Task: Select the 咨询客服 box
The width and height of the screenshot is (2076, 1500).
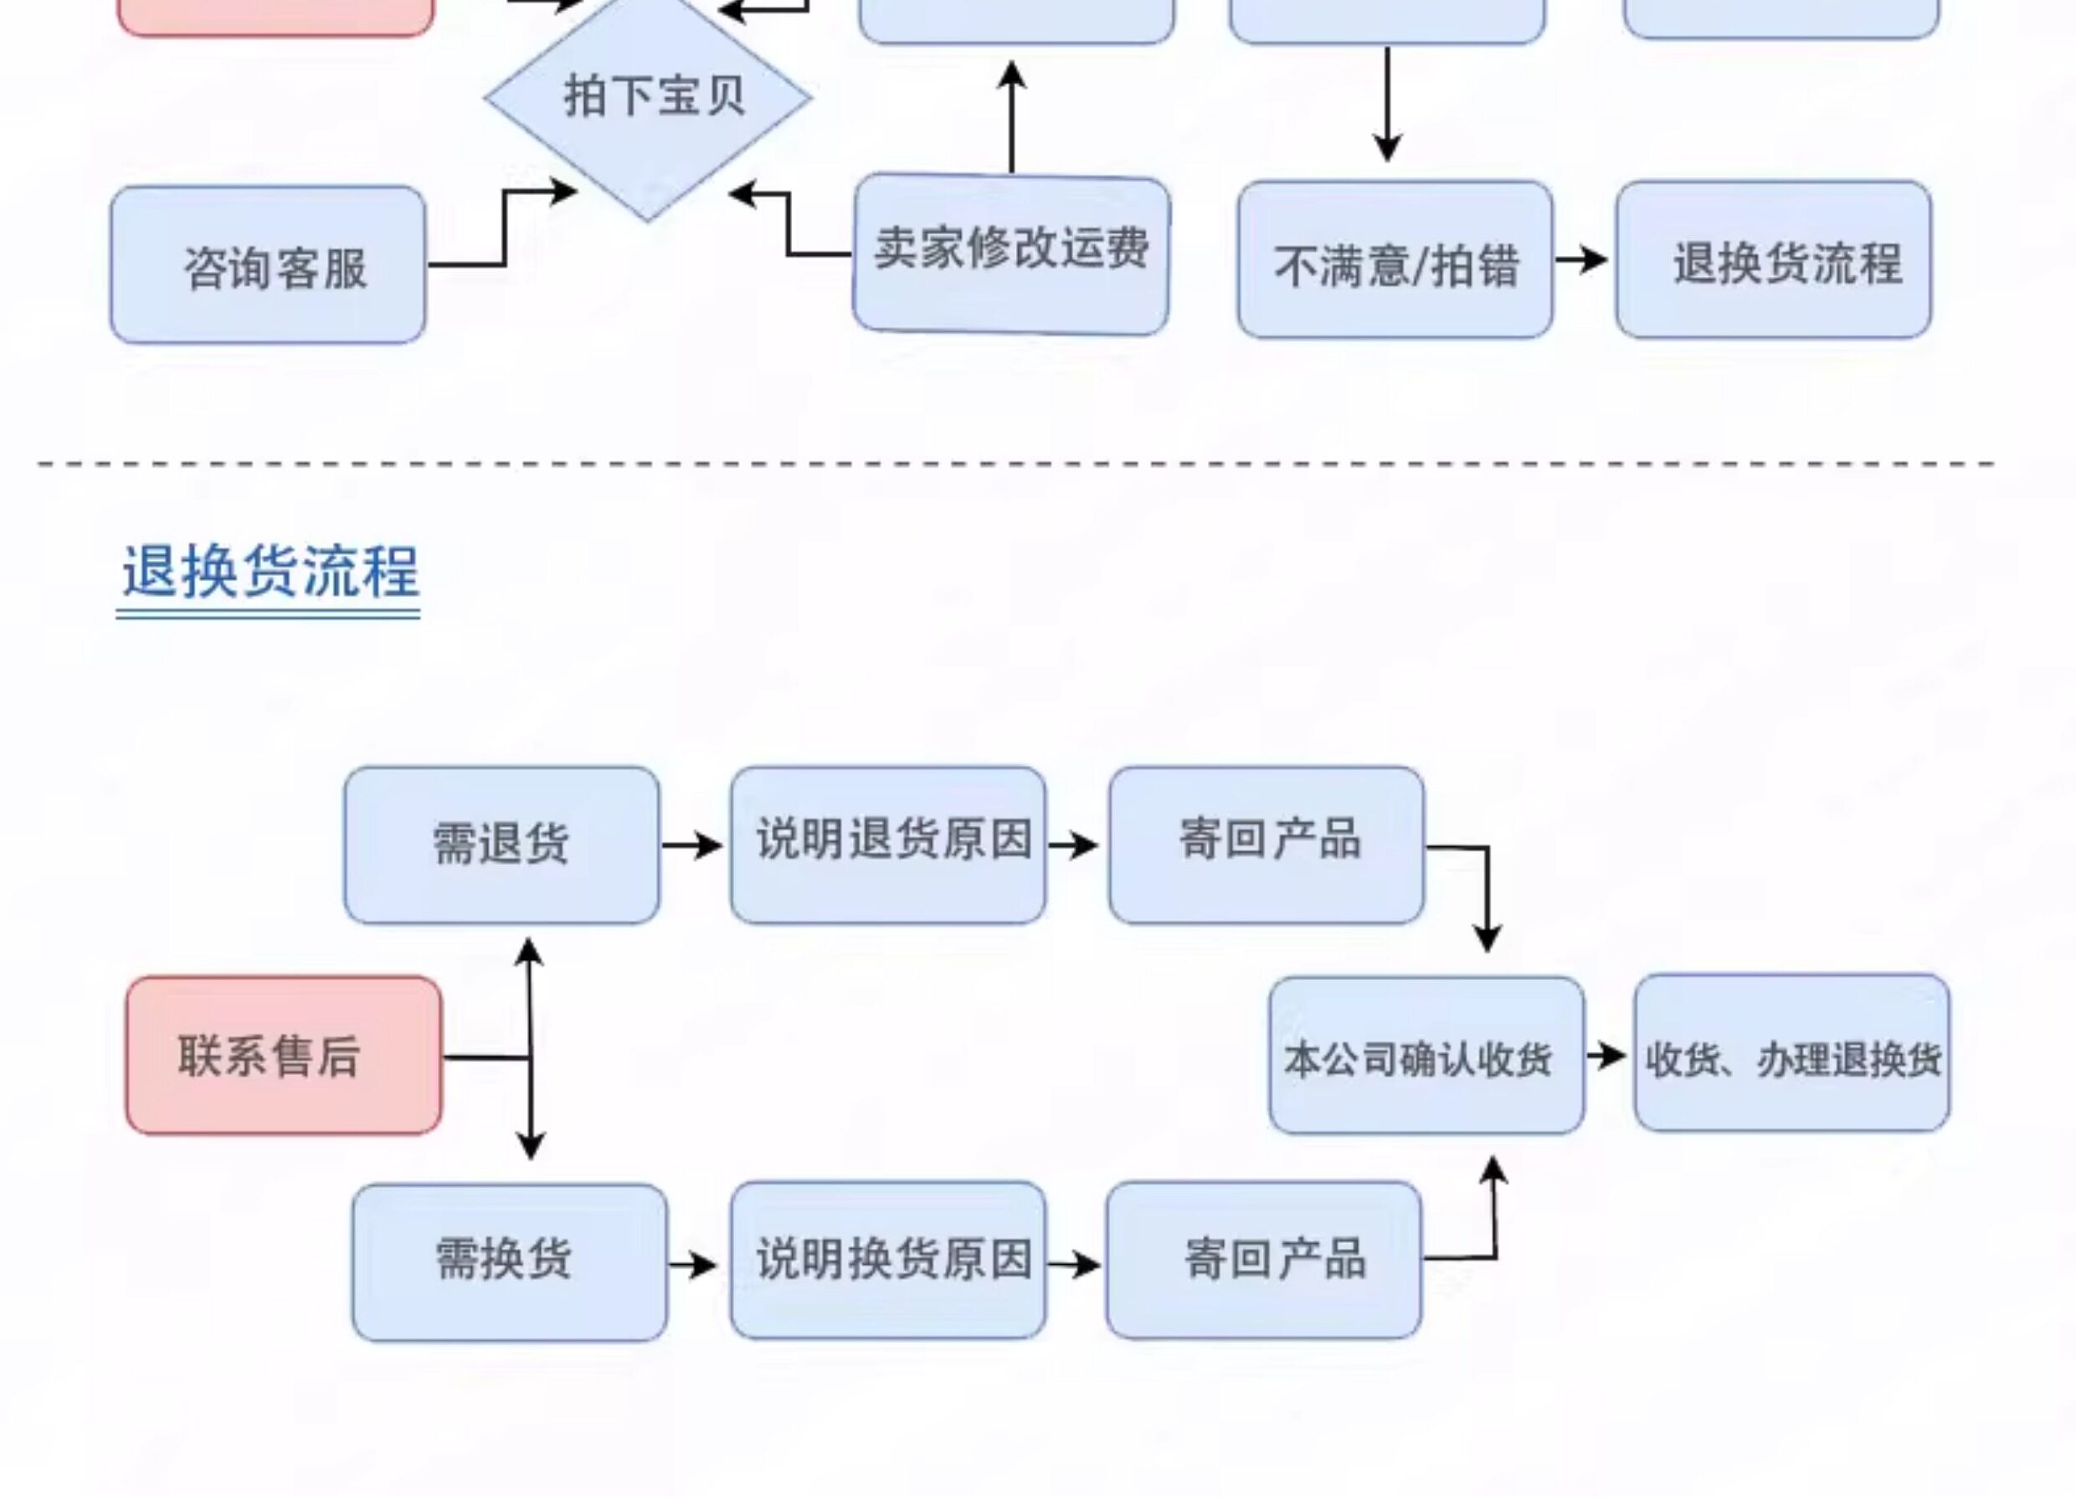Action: [x=268, y=265]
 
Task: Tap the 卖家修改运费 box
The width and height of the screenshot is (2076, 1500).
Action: [x=1011, y=254]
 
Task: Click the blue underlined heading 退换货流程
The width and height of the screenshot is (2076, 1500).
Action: [x=270, y=574]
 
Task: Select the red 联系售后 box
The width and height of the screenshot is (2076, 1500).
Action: [x=284, y=1056]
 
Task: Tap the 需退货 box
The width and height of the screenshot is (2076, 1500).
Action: [x=501, y=845]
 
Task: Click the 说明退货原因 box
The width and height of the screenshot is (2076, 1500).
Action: [x=888, y=845]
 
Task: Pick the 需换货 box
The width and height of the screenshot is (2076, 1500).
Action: [x=510, y=1263]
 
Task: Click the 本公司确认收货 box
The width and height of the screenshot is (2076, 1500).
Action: [x=1427, y=1056]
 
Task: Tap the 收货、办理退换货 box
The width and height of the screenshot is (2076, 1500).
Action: [x=1792, y=1052]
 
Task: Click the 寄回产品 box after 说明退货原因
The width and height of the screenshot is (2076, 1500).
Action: [x=1267, y=845]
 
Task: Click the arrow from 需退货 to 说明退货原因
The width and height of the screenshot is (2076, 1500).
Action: [x=693, y=845]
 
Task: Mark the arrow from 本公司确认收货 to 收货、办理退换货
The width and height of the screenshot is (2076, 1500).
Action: [x=1607, y=1056]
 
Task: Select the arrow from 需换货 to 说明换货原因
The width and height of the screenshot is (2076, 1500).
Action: [x=693, y=1266]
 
